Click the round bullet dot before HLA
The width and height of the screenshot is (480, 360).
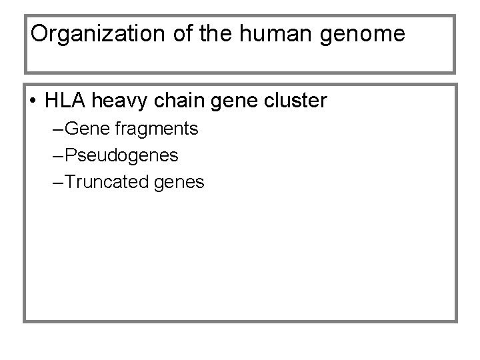[x=33, y=102]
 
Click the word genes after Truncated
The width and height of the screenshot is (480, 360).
[x=179, y=183]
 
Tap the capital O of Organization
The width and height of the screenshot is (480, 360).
[x=39, y=34]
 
